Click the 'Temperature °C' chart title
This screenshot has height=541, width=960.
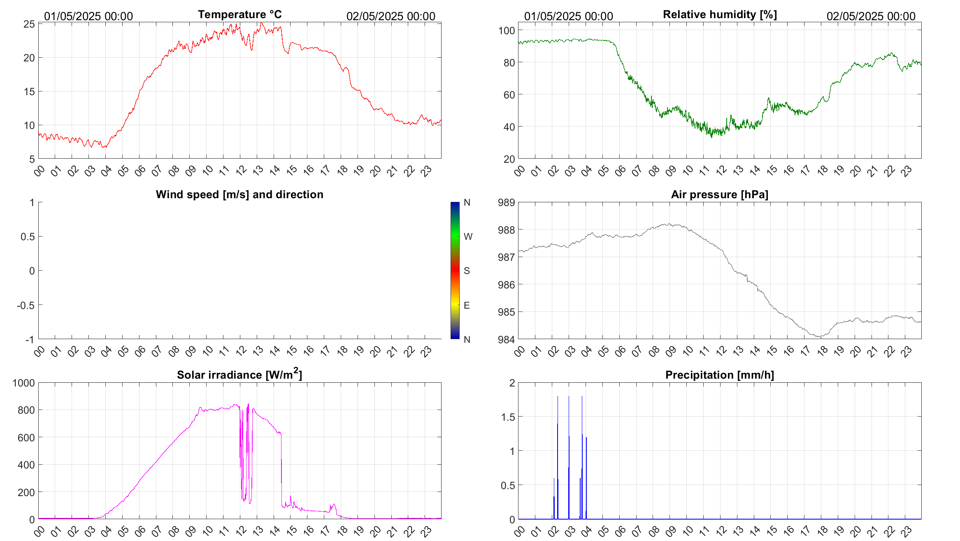pos(239,14)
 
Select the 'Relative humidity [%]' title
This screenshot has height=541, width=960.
pos(720,14)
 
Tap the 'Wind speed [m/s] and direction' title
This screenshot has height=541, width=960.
pos(239,194)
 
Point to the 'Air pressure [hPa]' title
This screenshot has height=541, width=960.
pos(720,194)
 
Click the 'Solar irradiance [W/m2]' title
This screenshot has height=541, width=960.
pos(239,375)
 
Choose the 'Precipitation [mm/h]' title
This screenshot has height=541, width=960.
pos(720,375)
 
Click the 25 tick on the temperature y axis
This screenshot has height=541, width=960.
pos(29,24)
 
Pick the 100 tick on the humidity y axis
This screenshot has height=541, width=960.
pos(507,30)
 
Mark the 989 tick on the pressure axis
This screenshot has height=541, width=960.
pos(507,202)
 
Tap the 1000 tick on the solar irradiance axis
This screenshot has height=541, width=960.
pos(24,383)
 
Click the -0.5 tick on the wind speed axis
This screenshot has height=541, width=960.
pos(26,305)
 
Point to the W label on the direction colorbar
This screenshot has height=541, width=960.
pos(468,237)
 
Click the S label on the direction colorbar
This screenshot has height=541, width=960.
pos(467,271)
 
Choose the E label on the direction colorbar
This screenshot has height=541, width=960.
pos(467,305)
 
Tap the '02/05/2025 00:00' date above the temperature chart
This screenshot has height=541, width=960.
pos(391,16)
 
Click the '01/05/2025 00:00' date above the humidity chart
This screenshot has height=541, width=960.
pos(569,16)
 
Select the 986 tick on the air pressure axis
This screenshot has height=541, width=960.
pos(507,285)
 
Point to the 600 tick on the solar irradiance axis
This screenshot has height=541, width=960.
pos(26,438)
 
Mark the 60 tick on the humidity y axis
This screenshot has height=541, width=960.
pos(509,95)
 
